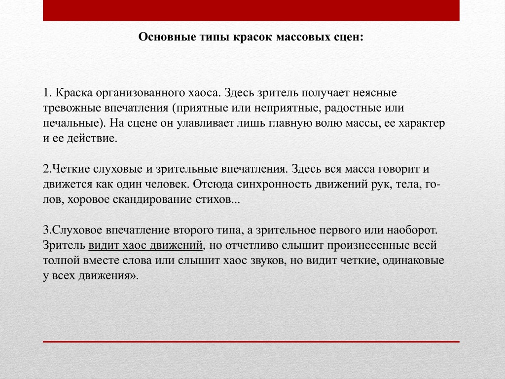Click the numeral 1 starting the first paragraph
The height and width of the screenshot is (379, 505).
[x=46, y=93]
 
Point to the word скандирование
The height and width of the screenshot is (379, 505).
[x=152, y=200]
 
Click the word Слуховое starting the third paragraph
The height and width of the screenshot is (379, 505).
[x=77, y=230]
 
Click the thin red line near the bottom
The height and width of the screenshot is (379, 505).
[x=251, y=341]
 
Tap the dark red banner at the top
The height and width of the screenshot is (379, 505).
[x=251, y=10]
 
